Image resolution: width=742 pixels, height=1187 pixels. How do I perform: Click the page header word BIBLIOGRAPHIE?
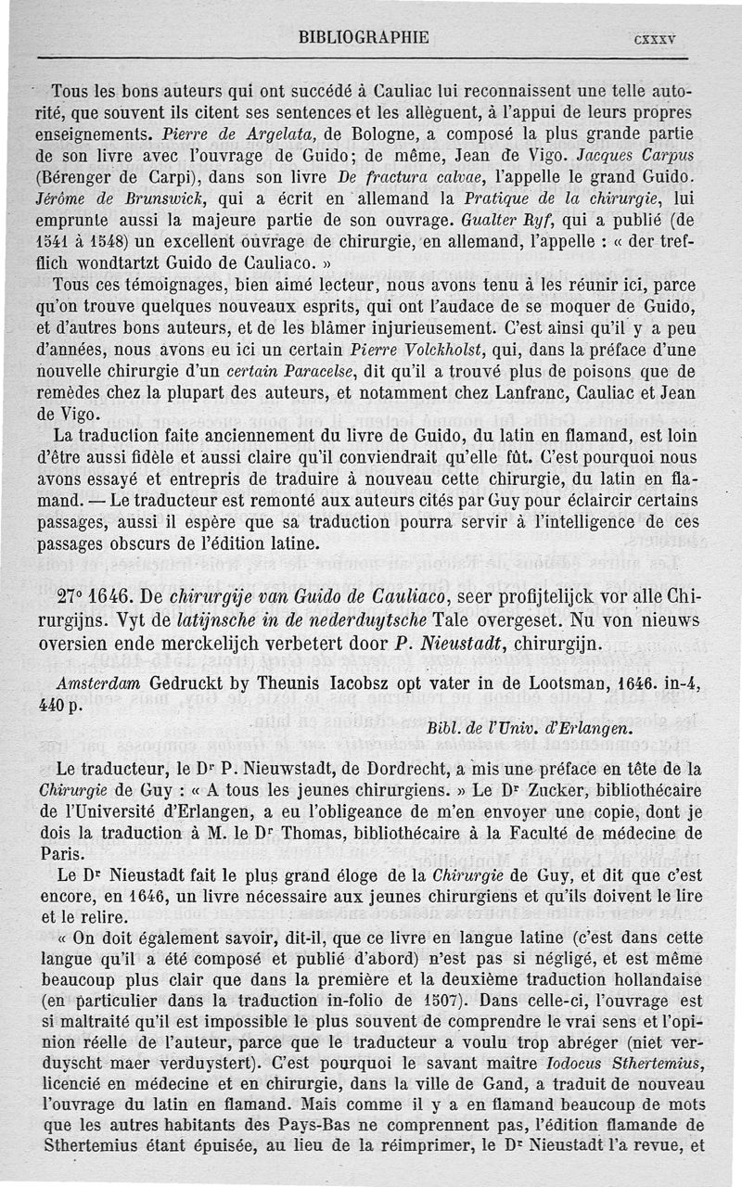tap(363, 38)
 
